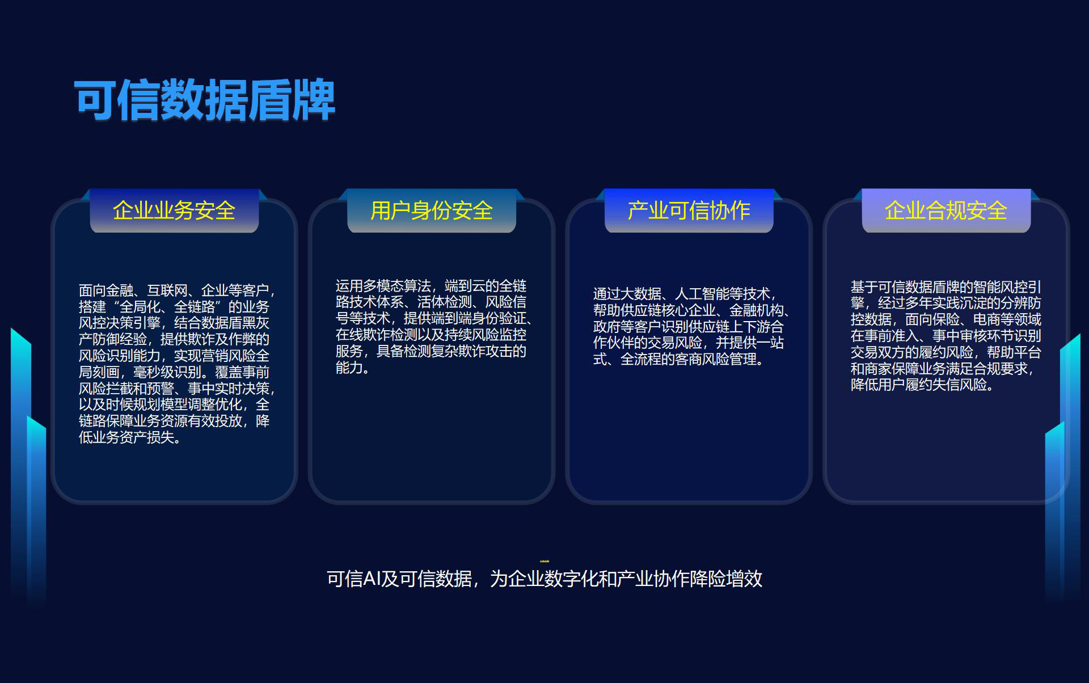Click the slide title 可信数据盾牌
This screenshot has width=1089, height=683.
click(205, 100)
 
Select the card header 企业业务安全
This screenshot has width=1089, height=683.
click(174, 210)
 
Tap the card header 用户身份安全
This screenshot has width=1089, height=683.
click(432, 210)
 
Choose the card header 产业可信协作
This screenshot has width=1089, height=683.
click(689, 210)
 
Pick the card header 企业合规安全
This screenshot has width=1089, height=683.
click(946, 210)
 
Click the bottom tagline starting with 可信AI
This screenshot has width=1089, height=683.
click(544, 579)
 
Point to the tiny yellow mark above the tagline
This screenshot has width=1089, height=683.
click(544, 560)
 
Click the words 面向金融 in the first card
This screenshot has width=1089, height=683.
click(106, 290)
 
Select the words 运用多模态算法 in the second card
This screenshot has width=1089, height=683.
click(383, 286)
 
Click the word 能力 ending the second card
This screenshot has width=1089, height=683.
click(349, 368)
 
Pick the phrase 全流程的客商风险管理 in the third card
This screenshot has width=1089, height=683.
click(689, 359)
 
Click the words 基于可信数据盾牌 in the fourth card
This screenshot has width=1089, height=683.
click(905, 287)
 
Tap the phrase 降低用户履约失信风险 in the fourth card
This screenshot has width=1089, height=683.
click(919, 385)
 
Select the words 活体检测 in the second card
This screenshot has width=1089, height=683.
click(445, 302)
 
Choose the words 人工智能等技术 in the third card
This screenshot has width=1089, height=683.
click(723, 294)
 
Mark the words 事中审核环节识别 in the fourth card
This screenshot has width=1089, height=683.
click(987, 336)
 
